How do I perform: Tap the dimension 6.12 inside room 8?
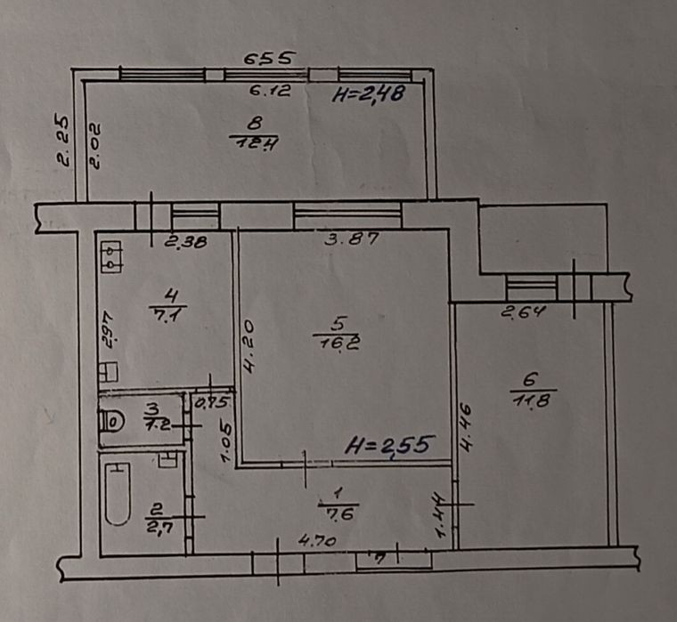(270, 90)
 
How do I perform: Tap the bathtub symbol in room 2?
(117, 492)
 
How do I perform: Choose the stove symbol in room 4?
(111, 255)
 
